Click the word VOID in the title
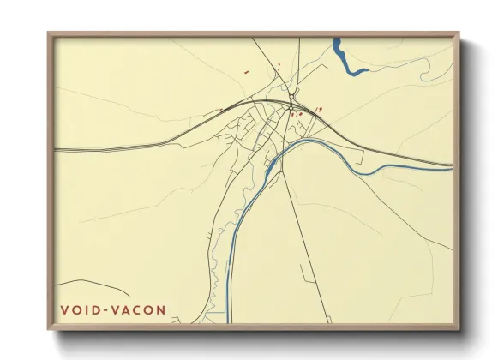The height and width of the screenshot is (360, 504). coord(77,309)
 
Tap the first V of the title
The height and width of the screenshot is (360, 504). coord(63,309)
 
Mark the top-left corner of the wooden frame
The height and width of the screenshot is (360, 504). coord(48,33)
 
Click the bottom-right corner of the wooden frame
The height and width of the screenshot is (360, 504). coord(459,329)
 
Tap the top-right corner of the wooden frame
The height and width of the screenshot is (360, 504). coord(459,33)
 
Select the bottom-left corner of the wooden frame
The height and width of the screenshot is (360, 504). coord(48,329)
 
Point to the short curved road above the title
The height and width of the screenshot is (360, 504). coord(81,283)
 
